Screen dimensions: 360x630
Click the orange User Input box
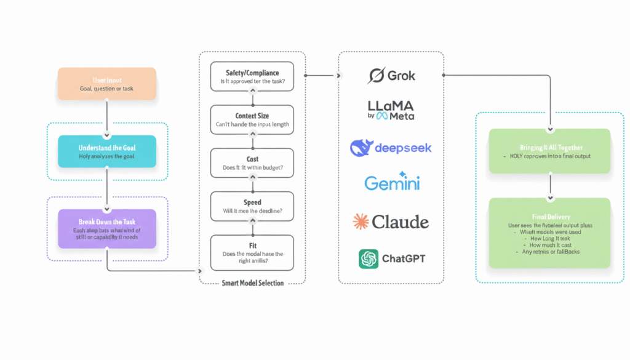(106, 84)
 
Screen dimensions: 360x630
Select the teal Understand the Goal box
(106, 151)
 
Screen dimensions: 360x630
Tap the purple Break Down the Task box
(106, 228)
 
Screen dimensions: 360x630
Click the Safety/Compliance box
(252, 78)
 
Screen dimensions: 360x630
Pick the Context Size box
(252, 120)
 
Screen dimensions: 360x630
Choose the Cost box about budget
(252, 163)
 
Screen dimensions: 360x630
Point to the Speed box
(252, 206)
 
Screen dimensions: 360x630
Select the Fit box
(252, 252)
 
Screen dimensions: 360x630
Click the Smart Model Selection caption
(252, 283)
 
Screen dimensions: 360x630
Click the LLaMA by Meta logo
(391, 110)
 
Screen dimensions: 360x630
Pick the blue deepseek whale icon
(361, 148)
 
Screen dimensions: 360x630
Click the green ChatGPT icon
(369, 258)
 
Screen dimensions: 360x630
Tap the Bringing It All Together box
(549, 151)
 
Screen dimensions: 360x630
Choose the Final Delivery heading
(549, 217)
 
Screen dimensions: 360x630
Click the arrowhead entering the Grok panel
(338, 76)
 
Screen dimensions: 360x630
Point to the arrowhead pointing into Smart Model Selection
(199, 271)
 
